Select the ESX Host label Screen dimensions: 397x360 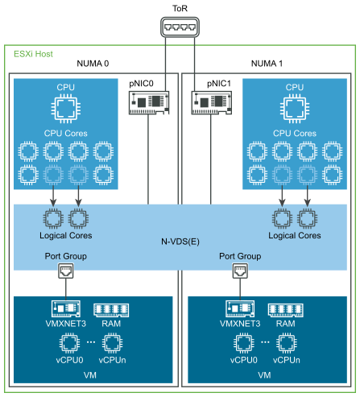[33, 54]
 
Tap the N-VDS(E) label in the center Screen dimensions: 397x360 [180, 242]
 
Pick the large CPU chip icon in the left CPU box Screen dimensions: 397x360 [65, 108]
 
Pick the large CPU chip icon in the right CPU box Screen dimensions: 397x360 [295, 108]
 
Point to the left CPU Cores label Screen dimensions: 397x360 [65, 133]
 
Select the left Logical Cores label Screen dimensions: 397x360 [65, 236]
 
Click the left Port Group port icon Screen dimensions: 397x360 [65, 272]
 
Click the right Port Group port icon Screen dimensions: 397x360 [239, 272]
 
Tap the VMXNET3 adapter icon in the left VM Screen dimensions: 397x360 [65, 309]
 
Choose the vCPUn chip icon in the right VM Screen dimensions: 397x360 [286, 342]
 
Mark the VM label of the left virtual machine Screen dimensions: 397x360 [89, 375]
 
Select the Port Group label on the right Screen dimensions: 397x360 [239, 256]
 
